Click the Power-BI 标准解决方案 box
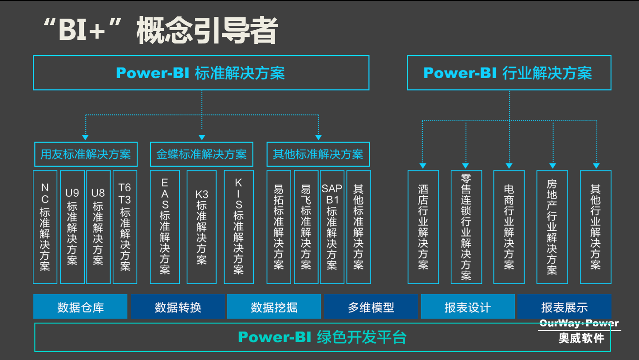tap(201, 73)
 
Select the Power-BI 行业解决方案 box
tap(509, 73)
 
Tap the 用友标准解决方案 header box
tap(86, 154)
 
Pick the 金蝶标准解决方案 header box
tap(201, 154)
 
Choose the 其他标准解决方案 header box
tap(318, 154)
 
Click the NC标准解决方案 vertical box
tap(45, 227)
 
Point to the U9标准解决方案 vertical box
tap(72, 227)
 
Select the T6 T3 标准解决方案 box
tap(125, 227)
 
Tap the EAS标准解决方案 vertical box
tap(165, 227)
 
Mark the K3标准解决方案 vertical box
tap(201, 227)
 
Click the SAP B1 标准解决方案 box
tap(332, 227)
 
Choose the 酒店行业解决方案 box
tap(423, 227)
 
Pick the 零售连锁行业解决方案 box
tap(466, 227)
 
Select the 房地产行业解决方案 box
tap(552, 227)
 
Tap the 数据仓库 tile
tap(80, 307)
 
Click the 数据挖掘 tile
tap(274, 307)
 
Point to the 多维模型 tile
tap(371, 307)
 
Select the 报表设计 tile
tap(468, 307)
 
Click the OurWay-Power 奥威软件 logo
tap(580, 331)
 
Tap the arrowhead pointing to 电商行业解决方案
tap(509, 166)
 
